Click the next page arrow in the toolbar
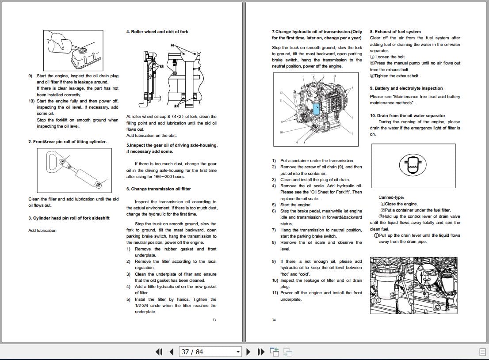248,352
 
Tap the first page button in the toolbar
160,352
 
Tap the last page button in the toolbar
261,352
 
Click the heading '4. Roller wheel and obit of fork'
157,32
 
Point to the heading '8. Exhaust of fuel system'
395,32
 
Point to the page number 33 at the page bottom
214,320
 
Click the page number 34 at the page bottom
274,320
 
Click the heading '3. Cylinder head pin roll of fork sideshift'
69,218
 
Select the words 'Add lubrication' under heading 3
42,231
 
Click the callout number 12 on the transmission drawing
281,93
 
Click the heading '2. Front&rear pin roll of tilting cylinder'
67,142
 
